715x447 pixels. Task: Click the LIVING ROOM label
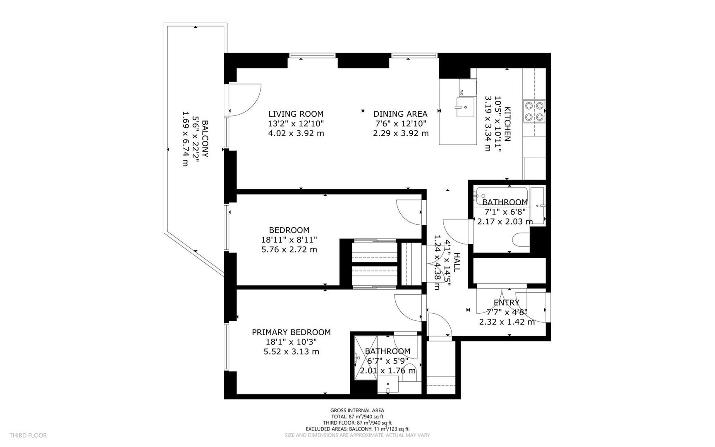click(x=296, y=114)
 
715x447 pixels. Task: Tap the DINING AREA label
click(x=400, y=114)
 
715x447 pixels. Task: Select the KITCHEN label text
click(x=507, y=124)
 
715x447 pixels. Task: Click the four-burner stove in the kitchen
click(x=534, y=111)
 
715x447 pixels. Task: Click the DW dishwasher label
click(x=462, y=92)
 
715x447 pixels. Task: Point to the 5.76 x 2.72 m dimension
click(x=289, y=250)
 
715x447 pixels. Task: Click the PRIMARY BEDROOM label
click(x=291, y=332)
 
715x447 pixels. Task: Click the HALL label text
click(x=457, y=262)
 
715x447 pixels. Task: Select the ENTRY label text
click(x=506, y=303)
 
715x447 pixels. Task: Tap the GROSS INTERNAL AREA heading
click(x=357, y=410)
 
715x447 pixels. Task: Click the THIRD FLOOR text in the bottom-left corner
click(x=28, y=435)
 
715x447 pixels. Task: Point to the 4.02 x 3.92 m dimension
click(x=296, y=133)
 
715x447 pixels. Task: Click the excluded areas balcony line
click(x=357, y=429)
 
